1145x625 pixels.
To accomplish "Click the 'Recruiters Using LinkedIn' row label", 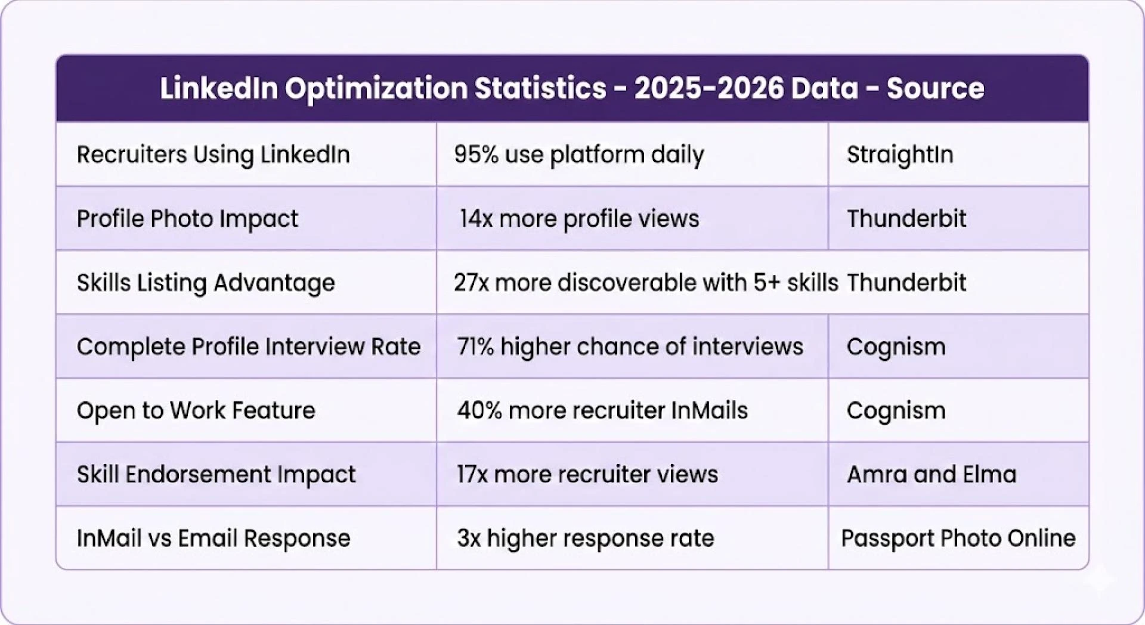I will point(213,155).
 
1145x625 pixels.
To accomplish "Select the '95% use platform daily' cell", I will point(578,155).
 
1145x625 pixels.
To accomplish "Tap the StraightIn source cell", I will point(900,155).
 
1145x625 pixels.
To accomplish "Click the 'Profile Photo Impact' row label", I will point(187,219).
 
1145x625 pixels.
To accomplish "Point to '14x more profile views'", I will point(578,219).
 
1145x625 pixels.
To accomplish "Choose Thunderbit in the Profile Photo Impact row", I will point(906,219).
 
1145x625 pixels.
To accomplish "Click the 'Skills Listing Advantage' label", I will point(206,283).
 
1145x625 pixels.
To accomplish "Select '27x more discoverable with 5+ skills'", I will point(645,283).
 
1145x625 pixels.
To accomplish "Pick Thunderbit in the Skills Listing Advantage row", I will point(906,283).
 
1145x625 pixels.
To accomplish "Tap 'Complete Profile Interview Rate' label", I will point(249,346).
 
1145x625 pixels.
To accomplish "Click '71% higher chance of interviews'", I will point(630,346).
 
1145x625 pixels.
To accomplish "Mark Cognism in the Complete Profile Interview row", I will point(896,346).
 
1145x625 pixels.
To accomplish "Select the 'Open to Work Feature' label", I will point(196,410).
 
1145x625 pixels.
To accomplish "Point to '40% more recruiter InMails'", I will point(602,410).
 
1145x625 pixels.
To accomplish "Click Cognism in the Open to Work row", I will point(896,410).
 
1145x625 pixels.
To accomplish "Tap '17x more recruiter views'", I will point(587,474).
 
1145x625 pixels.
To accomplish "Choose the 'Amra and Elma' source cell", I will point(932,474).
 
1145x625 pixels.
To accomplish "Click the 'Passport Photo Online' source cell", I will point(958,538).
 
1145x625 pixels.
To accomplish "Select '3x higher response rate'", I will point(585,538).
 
